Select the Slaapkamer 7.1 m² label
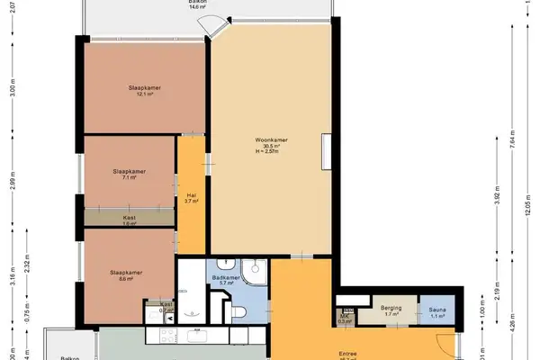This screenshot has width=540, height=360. [129, 174]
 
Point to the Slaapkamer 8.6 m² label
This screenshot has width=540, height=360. [122, 275]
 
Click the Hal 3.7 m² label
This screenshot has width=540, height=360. [192, 198]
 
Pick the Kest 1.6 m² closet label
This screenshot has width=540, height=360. [130, 219]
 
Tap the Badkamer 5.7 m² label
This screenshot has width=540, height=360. [225, 281]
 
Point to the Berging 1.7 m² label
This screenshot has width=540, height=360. [391, 311]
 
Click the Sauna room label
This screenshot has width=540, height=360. [437, 311]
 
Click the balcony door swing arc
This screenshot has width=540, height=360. [209, 31]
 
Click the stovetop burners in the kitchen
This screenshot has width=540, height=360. [167, 336]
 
